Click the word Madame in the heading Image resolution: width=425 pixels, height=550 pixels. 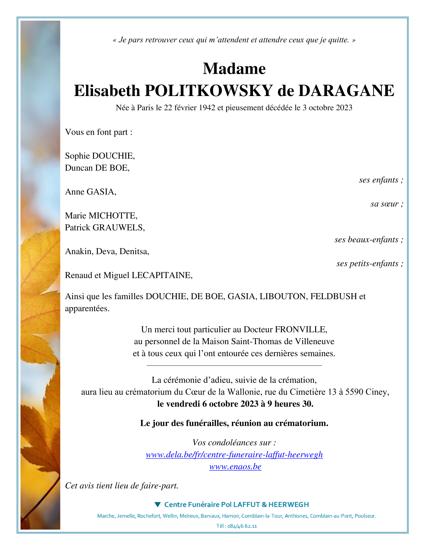click(234, 69)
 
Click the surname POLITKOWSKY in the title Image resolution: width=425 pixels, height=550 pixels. click(209, 91)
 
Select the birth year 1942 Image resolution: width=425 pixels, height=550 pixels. click(207, 108)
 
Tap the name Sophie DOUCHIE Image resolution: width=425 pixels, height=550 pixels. click(100, 156)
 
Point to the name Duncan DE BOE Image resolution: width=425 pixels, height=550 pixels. click(97, 168)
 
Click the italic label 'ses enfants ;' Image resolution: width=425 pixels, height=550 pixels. click(381, 180)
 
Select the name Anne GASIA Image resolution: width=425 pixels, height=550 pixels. click(90, 192)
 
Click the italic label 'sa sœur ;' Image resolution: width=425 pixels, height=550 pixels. click(387, 204)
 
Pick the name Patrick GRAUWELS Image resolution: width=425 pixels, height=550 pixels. click(104, 227)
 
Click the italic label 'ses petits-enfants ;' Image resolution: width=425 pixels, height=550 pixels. click(369, 263)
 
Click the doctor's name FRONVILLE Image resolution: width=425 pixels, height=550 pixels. click(301, 329)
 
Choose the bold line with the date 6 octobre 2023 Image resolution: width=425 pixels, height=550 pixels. click(235, 404)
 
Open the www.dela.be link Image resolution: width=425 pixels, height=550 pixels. click(234, 455)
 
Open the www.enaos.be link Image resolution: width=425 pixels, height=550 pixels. click(235, 467)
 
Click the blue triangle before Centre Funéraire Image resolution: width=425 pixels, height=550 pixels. click(158, 504)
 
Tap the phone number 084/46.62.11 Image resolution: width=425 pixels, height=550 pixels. click(242, 526)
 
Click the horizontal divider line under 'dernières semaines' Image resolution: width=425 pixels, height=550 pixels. click(234, 365)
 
